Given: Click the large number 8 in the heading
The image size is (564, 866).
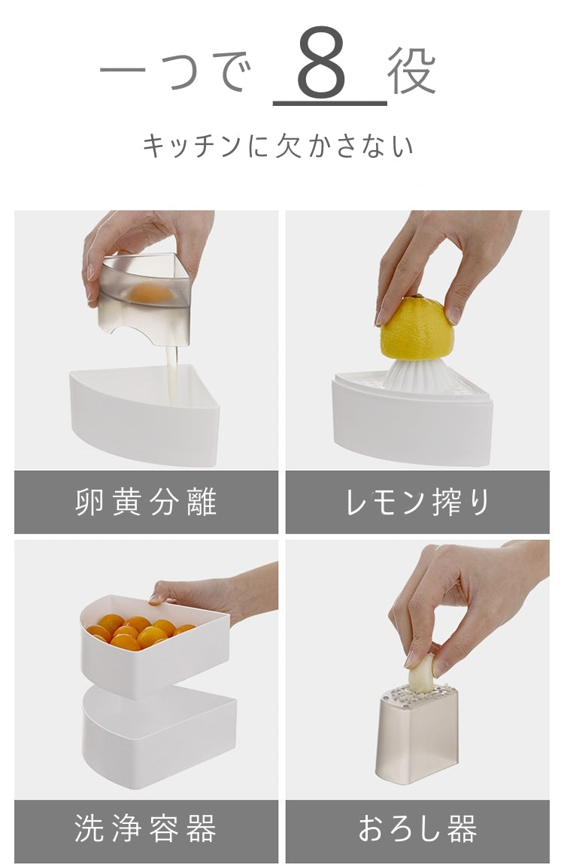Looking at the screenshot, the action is [323, 62].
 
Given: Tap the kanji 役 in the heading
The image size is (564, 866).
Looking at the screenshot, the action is [412, 70].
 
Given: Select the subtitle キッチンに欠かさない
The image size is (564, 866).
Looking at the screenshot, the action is [278, 146].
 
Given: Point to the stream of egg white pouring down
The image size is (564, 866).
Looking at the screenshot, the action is [172, 375].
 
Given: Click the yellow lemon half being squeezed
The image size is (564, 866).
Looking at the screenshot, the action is [417, 327].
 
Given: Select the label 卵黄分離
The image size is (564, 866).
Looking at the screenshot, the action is [146, 502].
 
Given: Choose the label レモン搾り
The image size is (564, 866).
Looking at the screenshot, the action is [417, 502].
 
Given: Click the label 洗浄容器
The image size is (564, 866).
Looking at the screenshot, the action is [146, 828].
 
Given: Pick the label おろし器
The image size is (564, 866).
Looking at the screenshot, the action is [417, 828].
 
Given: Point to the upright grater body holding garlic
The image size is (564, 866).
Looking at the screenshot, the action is [418, 734].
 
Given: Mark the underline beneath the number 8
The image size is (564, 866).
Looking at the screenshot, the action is [330, 103].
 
